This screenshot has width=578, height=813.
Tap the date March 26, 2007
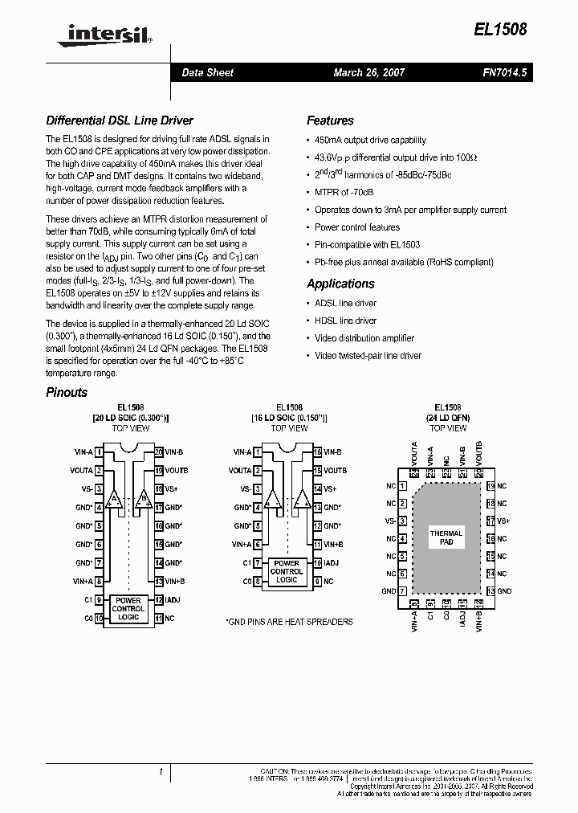369,72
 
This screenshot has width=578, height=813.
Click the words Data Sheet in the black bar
207,72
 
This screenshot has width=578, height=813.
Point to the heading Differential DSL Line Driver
120,121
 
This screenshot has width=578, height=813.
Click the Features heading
330,121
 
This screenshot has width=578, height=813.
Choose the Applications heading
340,284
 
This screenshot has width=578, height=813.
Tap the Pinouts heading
67,393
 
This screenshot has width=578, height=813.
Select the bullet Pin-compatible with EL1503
367,244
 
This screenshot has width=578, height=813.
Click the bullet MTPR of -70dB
344,193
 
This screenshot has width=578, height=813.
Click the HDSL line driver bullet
345,321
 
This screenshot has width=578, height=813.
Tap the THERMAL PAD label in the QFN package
446,538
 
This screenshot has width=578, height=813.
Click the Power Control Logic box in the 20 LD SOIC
128,609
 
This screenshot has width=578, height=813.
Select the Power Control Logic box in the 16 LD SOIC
286,571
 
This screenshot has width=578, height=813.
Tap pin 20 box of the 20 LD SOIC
159,452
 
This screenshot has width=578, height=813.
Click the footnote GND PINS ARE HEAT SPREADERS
290,622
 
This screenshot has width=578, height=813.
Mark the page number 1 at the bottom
161,772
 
